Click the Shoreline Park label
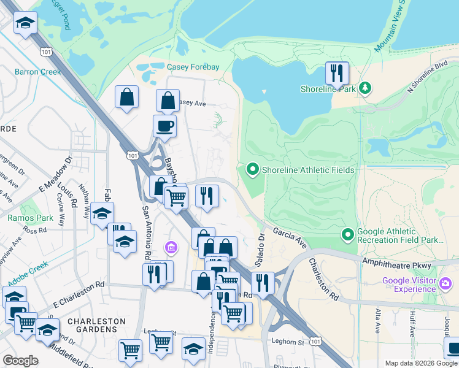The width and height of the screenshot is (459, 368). point(328,89)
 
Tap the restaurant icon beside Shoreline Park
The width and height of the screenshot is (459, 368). point(336,74)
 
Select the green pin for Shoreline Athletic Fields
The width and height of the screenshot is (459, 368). point(252,169)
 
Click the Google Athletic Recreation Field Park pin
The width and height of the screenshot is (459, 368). point(347,234)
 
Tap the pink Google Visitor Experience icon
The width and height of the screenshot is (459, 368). point(445,285)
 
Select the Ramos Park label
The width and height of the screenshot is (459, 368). point(21,218)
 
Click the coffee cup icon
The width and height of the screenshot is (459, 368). point(164,126)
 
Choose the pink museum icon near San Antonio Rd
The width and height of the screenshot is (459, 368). point(171,247)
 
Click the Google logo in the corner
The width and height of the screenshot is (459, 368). point(20,360)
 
